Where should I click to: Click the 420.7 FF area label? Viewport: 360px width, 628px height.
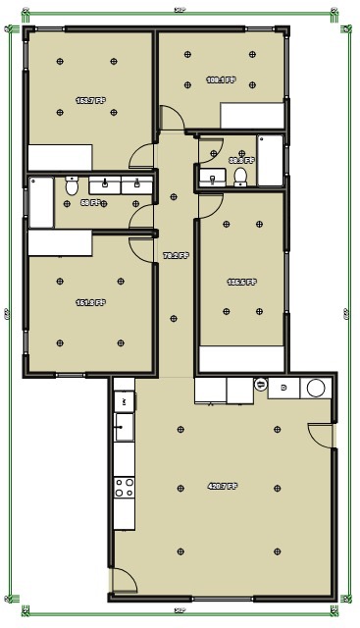223,487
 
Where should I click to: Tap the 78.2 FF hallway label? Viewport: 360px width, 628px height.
175,255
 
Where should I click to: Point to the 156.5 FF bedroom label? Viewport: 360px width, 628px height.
241,283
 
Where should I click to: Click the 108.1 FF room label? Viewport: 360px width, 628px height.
221,79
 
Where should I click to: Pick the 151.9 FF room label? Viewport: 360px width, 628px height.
89,303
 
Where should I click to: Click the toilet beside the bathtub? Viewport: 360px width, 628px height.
72,186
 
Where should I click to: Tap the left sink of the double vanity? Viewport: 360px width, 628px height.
105,185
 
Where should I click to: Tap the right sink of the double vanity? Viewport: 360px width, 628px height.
135,185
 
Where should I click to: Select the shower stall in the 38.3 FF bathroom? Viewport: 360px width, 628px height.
271,161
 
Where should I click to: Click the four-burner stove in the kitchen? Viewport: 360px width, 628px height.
124,488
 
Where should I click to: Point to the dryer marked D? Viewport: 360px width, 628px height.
283,388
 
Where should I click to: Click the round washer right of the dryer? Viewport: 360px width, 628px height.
316,388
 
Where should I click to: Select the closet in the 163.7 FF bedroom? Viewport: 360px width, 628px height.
60,157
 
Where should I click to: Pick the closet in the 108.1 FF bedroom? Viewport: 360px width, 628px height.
253,116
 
